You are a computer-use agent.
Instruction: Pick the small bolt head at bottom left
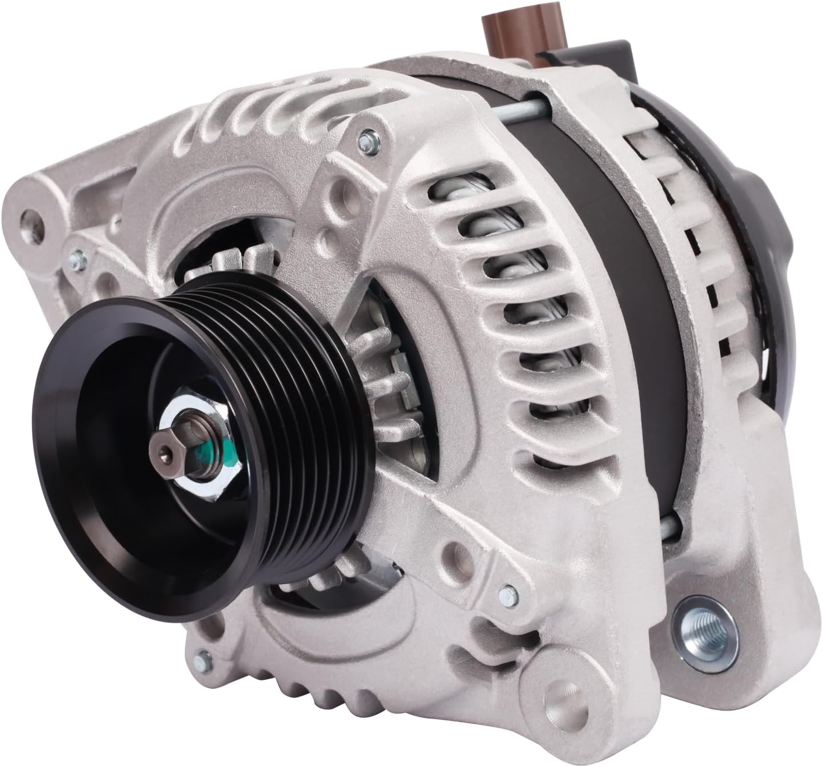(201, 660)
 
